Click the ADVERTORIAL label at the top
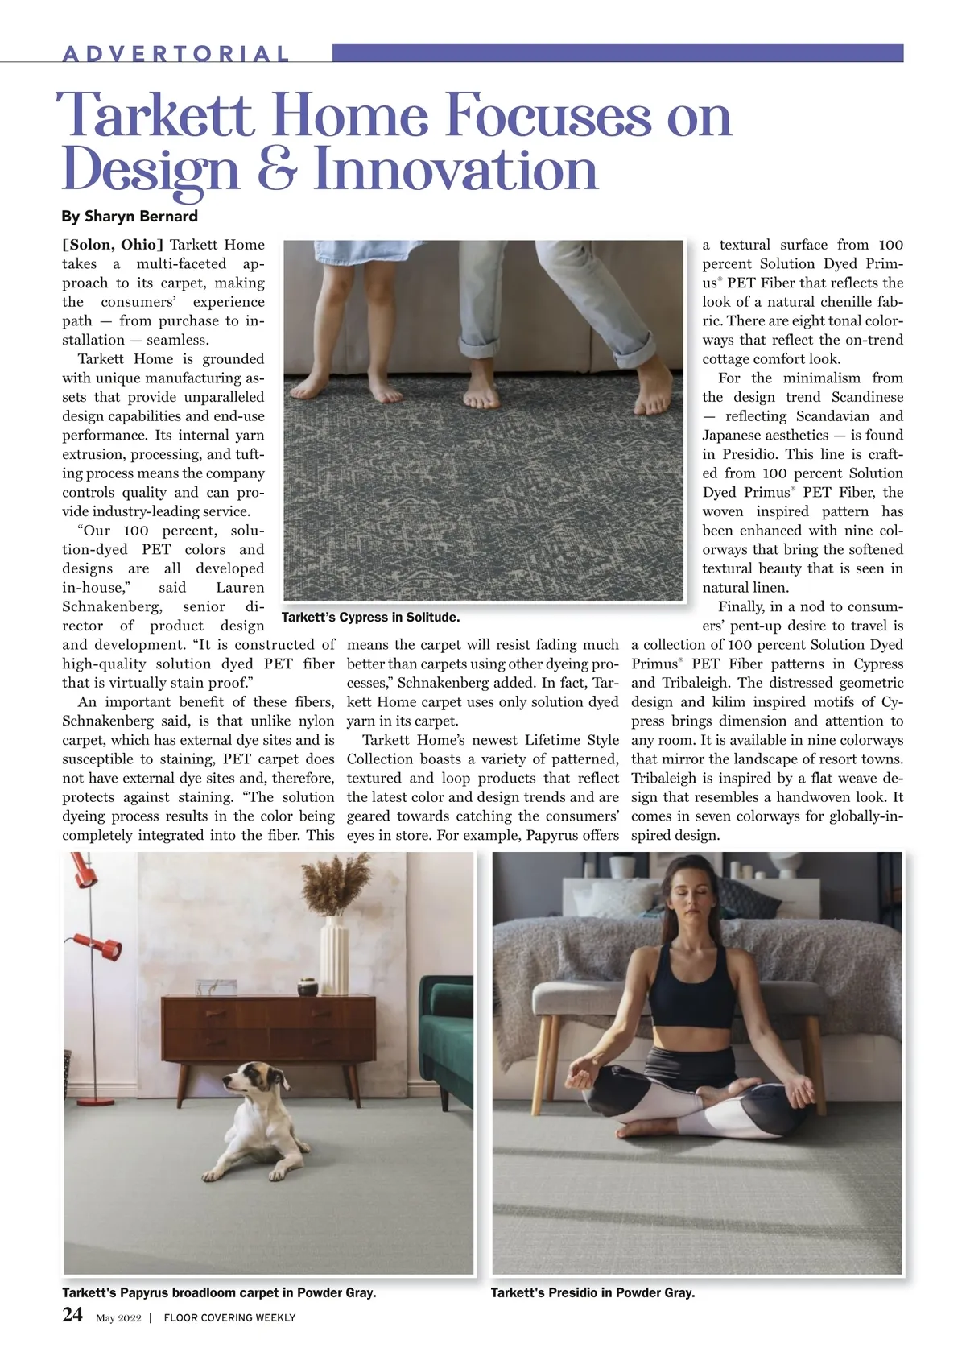(175, 54)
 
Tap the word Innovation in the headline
(456, 170)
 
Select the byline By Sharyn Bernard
(130, 216)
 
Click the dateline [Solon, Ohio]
(113, 245)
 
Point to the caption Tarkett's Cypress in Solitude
(370, 618)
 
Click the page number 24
(72, 1315)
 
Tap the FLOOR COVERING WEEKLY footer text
(229, 1318)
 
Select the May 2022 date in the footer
(118, 1318)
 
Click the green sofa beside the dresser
(448, 1039)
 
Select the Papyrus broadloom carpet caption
(219, 1292)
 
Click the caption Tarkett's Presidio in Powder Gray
(592, 1292)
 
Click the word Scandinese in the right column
(867, 397)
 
